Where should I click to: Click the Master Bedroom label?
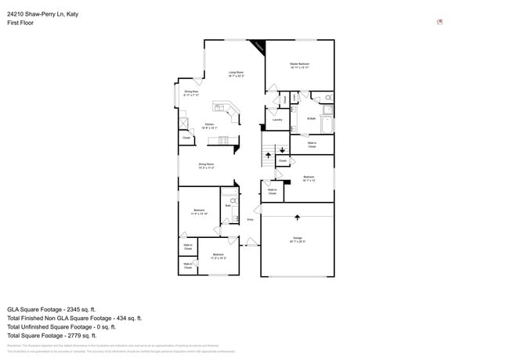(299, 65)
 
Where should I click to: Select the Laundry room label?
(277, 120)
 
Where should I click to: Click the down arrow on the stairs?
(283, 149)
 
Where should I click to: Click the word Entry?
(250, 220)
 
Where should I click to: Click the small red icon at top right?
(440, 22)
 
